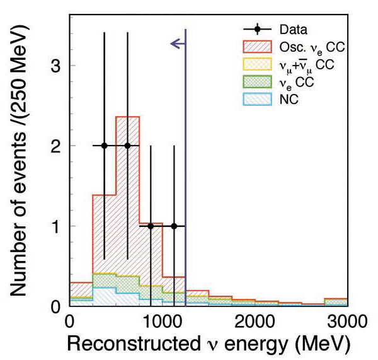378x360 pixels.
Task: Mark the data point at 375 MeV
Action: [105, 146]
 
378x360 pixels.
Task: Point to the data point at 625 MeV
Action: [128, 146]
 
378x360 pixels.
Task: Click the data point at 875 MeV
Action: [151, 226]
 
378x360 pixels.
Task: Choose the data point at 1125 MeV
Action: [174, 226]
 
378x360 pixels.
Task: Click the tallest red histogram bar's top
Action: [128, 117]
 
